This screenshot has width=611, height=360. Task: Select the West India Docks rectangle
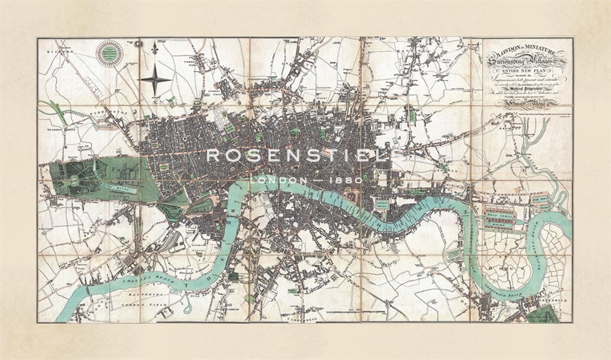tap(499, 218)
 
